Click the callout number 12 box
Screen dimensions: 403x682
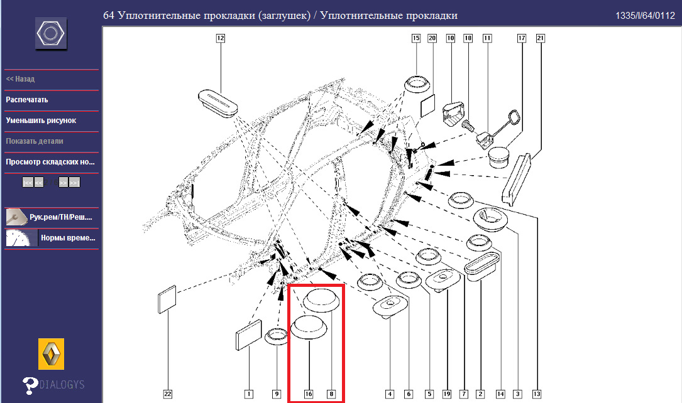(221, 38)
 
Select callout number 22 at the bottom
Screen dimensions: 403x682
(168, 394)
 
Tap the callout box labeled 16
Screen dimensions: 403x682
(309, 394)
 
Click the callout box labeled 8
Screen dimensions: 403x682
(331, 394)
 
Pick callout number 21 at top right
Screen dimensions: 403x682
(540, 38)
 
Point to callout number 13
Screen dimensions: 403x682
(536, 394)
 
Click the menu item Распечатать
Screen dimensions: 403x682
(27, 100)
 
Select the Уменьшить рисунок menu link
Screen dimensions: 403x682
(41, 121)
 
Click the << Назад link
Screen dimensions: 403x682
(20, 80)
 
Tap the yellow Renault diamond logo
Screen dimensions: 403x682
(52, 355)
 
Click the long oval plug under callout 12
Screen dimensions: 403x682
(218, 102)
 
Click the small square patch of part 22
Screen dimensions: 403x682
(166, 300)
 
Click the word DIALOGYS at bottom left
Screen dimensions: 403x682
(61, 384)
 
